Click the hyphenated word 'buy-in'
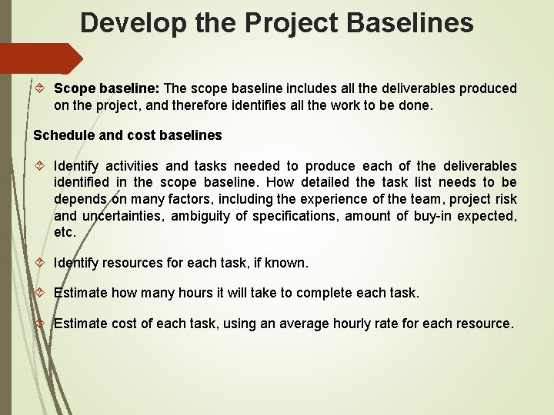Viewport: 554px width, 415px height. pos(434,216)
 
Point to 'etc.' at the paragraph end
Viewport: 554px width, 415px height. pos(65,232)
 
